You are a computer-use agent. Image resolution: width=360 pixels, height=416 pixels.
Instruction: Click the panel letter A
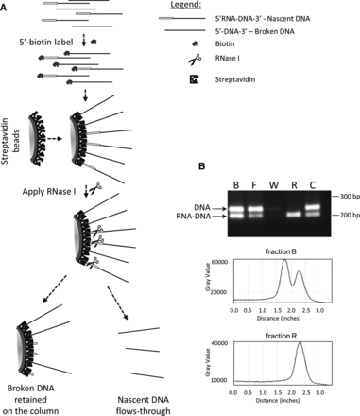tap(7, 6)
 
